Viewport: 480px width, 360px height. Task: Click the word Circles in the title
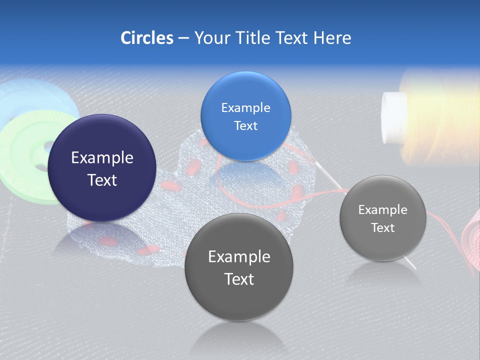pos(146,38)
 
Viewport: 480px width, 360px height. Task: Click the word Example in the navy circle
pos(102,158)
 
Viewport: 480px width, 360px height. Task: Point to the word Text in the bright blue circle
pos(245,126)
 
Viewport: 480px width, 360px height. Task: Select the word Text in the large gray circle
pos(239,279)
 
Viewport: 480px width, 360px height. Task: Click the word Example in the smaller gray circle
pos(382,210)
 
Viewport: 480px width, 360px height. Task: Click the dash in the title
pos(183,38)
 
